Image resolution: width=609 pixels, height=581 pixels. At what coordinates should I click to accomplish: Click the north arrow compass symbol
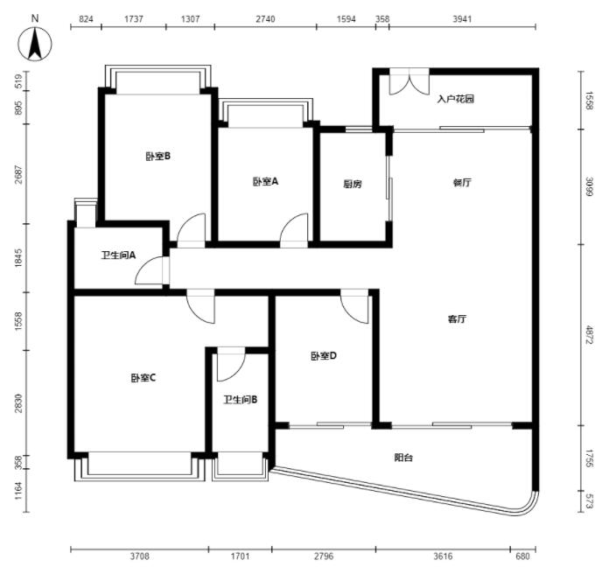point(35,44)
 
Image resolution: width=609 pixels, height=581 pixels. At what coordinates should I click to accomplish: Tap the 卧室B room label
point(158,157)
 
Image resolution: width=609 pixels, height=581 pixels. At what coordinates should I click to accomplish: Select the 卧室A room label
point(266,181)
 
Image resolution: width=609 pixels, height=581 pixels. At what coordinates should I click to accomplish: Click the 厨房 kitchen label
point(353,184)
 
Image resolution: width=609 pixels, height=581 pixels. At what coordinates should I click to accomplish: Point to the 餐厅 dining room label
point(462,182)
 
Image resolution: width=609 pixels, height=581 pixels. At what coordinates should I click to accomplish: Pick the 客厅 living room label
point(457,318)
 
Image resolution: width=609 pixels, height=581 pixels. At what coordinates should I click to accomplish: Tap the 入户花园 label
point(456,99)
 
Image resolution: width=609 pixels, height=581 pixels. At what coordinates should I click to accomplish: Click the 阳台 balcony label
point(403,458)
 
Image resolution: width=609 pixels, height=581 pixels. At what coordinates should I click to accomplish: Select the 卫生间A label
point(118,255)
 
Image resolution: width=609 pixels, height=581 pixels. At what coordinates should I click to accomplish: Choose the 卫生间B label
point(241,400)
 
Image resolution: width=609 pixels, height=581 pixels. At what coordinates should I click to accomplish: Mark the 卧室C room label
point(143,377)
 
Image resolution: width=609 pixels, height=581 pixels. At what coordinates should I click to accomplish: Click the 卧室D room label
point(324,356)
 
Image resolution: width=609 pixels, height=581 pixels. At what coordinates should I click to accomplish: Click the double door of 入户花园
point(409,81)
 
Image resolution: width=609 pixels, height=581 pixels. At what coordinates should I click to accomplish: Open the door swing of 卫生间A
point(150,270)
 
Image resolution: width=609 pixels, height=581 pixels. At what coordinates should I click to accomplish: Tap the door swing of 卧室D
point(354,306)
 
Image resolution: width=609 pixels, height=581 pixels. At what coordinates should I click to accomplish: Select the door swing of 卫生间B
point(231,365)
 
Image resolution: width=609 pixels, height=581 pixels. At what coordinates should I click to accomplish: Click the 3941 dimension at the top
point(462,19)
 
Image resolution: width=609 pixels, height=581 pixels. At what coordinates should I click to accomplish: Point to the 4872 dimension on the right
point(590,335)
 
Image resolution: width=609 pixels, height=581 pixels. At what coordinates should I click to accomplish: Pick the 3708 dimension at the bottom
point(139,556)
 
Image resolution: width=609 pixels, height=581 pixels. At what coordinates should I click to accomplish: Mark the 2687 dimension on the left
point(18,174)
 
